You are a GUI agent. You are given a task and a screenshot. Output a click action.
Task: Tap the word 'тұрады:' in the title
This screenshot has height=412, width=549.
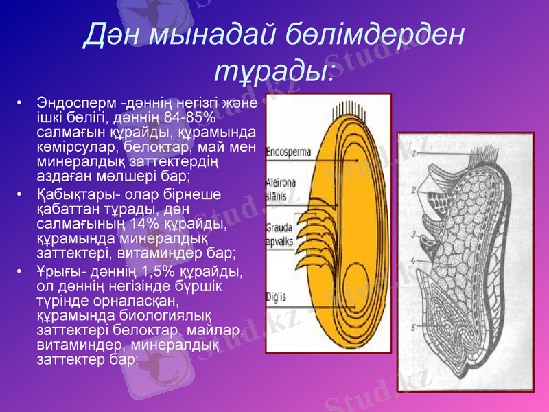[274, 71]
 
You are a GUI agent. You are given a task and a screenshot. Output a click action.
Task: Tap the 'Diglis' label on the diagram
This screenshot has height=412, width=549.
[277, 297]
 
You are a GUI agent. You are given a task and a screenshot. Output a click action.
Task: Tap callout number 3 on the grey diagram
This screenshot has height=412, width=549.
[416, 235]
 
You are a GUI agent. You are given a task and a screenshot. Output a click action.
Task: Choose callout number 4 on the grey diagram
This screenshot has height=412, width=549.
[414, 260]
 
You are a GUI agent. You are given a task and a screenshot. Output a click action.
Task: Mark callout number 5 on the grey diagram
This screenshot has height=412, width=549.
[413, 328]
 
